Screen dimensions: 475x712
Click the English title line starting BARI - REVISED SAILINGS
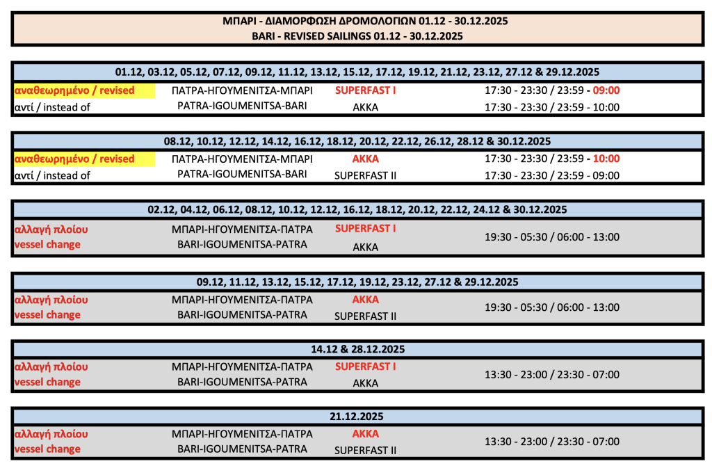(357, 35)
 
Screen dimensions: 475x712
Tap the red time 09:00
(606, 90)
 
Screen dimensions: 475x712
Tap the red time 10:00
(606, 159)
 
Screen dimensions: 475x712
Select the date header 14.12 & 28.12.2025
(357, 349)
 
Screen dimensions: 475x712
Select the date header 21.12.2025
(357, 417)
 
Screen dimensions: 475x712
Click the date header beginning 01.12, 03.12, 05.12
(357, 72)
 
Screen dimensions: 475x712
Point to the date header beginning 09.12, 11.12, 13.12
(357, 282)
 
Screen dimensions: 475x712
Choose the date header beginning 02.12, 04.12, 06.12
(357, 209)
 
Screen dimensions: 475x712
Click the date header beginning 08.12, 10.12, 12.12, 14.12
(357, 141)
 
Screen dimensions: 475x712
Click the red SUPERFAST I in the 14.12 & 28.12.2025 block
(365, 367)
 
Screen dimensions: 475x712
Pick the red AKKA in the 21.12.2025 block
(365, 433)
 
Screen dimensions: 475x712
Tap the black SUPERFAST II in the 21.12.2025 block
(365, 451)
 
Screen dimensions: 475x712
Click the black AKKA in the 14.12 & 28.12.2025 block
(365, 383)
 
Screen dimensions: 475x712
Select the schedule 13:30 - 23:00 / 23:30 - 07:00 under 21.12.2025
(551, 442)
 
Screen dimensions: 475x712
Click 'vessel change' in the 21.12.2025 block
(47, 449)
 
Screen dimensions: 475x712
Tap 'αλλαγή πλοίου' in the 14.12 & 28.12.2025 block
(51, 367)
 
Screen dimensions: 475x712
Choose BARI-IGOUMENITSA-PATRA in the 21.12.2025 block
(242, 449)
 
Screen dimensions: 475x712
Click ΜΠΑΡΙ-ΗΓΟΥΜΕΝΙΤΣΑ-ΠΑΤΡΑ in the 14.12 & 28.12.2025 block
(242, 367)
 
